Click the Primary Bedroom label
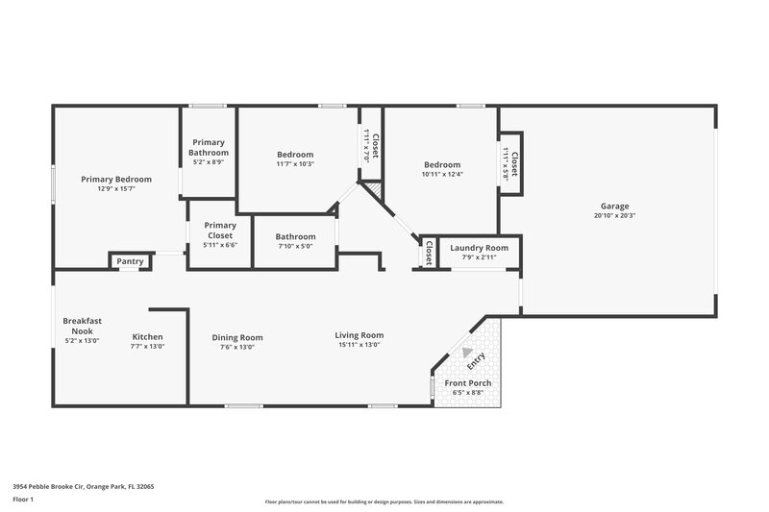coord(115,179)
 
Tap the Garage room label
coord(615,207)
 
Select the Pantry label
coord(130,261)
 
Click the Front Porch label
coord(468,383)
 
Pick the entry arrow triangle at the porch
coord(468,354)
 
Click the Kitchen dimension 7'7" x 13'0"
coord(147,347)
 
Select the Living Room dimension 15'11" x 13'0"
coord(360,346)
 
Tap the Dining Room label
coord(237,337)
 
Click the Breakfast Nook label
coord(82,326)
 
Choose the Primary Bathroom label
coord(209,148)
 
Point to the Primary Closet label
coord(220,231)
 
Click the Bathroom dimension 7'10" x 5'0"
coord(295,246)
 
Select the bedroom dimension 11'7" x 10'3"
coord(295,164)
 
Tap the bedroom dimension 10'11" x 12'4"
coord(441,174)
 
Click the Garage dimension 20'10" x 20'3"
coord(615,216)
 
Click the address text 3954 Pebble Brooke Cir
coord(83,487)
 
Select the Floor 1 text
coord(24,500)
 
